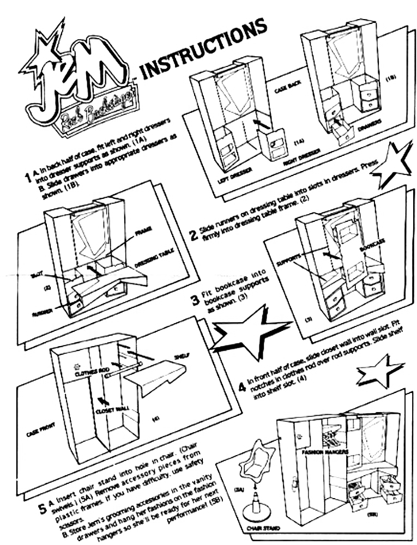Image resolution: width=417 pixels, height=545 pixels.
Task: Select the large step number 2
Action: (x=193, y=235)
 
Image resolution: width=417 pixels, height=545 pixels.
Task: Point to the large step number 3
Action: (x=195, y=299)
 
